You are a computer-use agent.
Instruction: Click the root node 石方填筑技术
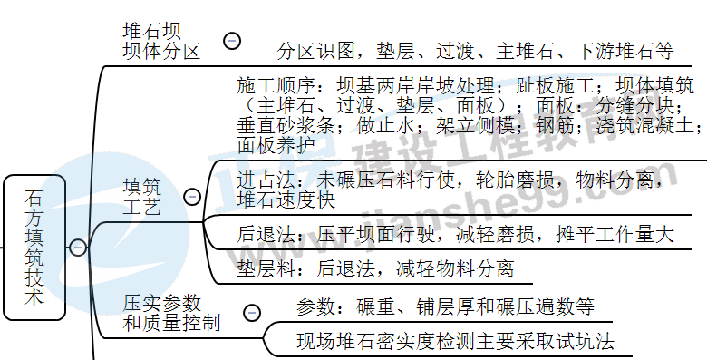point(34,247)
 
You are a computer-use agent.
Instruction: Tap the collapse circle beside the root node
point(78,247)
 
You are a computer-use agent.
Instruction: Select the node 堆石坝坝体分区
point(160,40)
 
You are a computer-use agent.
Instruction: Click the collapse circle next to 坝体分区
point(232,40)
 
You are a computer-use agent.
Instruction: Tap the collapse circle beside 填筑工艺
point(192,197)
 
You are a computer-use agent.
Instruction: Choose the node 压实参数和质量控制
point(171,312)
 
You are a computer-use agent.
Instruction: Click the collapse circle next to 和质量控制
point(252,313)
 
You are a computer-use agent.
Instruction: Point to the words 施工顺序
point(273,86)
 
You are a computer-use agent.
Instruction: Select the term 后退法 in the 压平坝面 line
point(264,235)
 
